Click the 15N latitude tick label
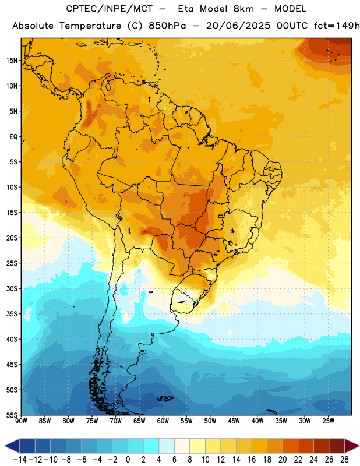point(12,61)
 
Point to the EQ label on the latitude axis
point(13,137)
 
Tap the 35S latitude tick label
point(12,314)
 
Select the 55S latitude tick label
point(12,415)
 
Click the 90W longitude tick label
point(21,421)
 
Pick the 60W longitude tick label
point(163,421)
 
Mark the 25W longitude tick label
point(328,421)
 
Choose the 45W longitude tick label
point(234,421)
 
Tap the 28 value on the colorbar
point(344,460)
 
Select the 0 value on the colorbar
point(128,460)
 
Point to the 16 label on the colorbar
point(252,460)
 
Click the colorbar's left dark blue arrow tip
point(5,446)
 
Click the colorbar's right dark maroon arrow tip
point(359,446)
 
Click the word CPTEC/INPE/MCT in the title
point(110,9)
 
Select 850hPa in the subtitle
point(167,26)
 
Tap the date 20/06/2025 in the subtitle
point(238,26)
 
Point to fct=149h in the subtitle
point(337,26)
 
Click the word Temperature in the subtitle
point(90,26)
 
